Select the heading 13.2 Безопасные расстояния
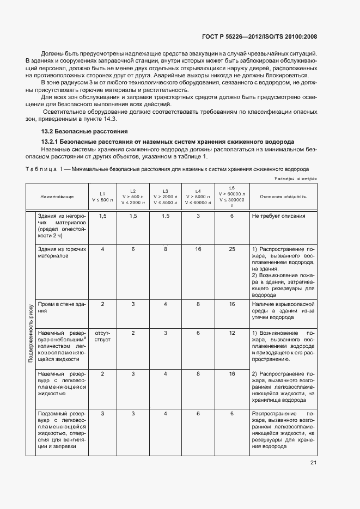pyautogui.click(x=84, y=131)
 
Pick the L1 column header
pyautogui.click(x=102, y=197)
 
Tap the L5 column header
pyautogui.click(x=232, y=197)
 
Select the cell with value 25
pyautogui.click(x=232, y=249)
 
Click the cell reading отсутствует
pyautogui.click(x=102, y=336)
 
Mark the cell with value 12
pyautogui.click(x=232, y=333)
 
